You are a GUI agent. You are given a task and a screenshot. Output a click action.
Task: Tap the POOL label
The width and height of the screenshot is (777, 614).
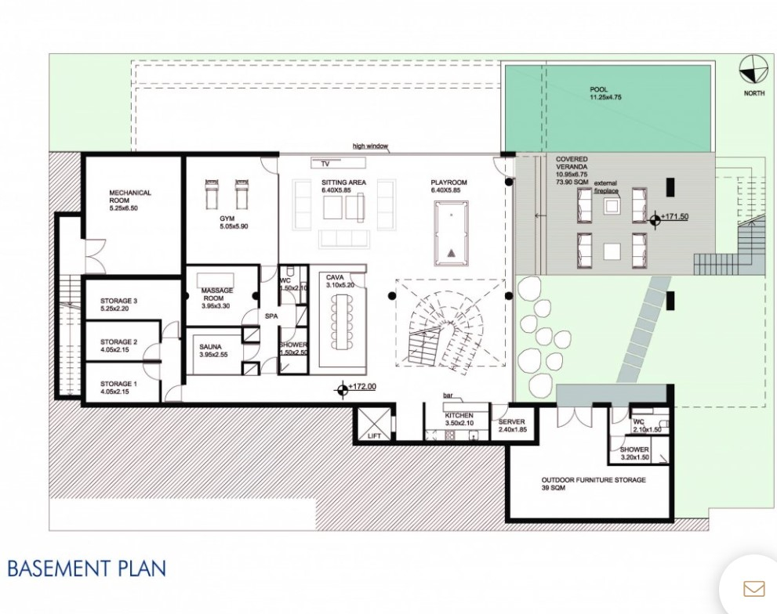(x=598, y=89)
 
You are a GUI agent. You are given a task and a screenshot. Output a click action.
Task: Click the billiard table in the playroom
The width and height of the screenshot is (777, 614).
(x=451, y=233)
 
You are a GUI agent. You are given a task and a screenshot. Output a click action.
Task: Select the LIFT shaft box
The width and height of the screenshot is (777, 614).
(x=375, y=424)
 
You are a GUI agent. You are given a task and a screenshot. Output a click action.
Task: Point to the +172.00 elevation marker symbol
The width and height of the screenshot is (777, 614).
(x=342, y=390)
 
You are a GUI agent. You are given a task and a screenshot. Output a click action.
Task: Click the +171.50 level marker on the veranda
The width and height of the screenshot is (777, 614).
(x=655, y=220)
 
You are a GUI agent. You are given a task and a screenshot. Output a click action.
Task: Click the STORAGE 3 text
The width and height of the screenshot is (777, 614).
(x=119, y=301)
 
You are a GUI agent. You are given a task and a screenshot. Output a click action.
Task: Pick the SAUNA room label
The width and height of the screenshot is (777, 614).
(x=211, y=347)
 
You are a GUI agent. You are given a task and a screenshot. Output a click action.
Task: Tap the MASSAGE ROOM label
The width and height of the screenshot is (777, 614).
(x=217, y=294)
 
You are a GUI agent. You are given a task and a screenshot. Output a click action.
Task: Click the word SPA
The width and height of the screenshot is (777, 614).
(x=271, y=316)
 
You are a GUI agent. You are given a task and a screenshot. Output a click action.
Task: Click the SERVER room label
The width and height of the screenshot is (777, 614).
(x=511, y=422)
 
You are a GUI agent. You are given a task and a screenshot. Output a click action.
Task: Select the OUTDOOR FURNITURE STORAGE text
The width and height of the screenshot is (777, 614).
(x=594, y=480)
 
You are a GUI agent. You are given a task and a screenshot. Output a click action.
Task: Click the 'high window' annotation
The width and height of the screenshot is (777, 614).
(x=370, y=146)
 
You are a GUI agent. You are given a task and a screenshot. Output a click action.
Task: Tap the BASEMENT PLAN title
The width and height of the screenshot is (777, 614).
(x=87, y=569)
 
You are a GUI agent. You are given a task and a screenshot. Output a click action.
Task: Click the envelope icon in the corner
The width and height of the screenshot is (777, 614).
(x=753, y=589)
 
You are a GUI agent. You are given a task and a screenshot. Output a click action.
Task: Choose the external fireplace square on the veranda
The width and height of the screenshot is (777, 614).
(x=612, y=205)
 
